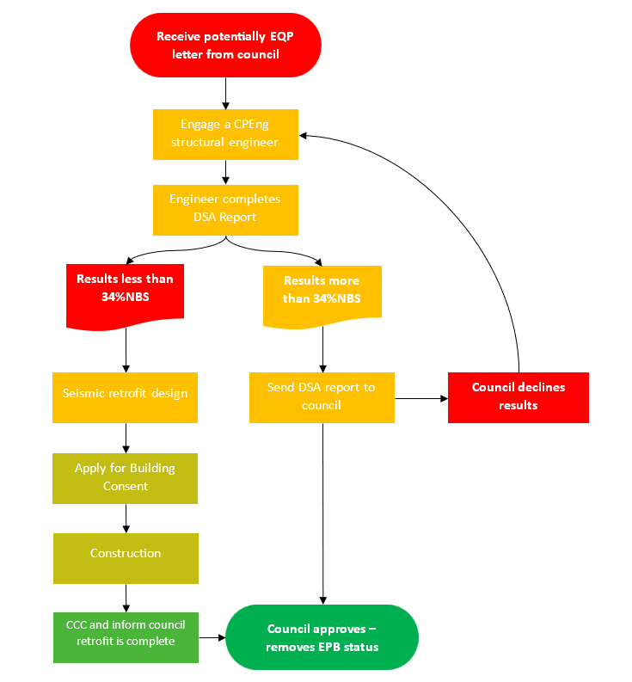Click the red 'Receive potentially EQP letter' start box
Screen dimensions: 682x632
tap(225, 45)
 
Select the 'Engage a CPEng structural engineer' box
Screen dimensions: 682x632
tap(225, 133)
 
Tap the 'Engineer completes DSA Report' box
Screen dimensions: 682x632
tap(225, 209)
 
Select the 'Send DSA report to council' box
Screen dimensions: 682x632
tap(322, 396)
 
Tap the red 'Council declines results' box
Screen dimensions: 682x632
tap(518, 396)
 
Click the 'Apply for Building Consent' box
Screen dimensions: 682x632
tap(126, 477)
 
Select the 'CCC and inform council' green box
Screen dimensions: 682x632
tap(126, 636)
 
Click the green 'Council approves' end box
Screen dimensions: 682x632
tap(322, 637)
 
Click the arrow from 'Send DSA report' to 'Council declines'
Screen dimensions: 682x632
tap(421, 398)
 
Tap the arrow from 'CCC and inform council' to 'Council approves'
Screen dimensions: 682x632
tap(212, 638)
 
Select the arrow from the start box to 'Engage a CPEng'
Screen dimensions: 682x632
tap(225, 93)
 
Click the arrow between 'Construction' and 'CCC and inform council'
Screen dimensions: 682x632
tap(126, 598)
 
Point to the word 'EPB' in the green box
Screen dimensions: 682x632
tap(337, 647)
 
